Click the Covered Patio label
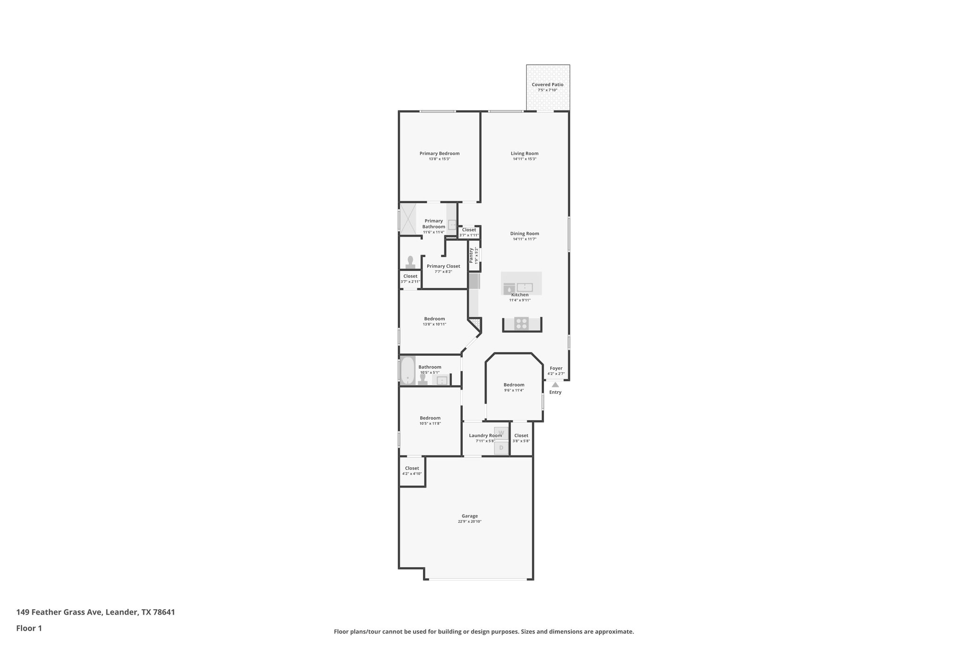[547, 85]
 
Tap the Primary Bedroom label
[439, 153]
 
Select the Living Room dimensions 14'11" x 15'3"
[524, 159]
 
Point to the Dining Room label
[524, 233]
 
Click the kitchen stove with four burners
[521, 324]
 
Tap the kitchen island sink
[525, 287]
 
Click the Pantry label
[471, 256]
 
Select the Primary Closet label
[443, 266]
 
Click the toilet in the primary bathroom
[410, 263]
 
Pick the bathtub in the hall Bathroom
[407, 370]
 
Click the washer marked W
[501, 433]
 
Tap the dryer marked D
[501, 447]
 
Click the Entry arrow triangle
[555, 385]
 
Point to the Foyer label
[556, 368]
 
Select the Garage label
[469, 516]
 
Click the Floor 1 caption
[29, 628]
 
